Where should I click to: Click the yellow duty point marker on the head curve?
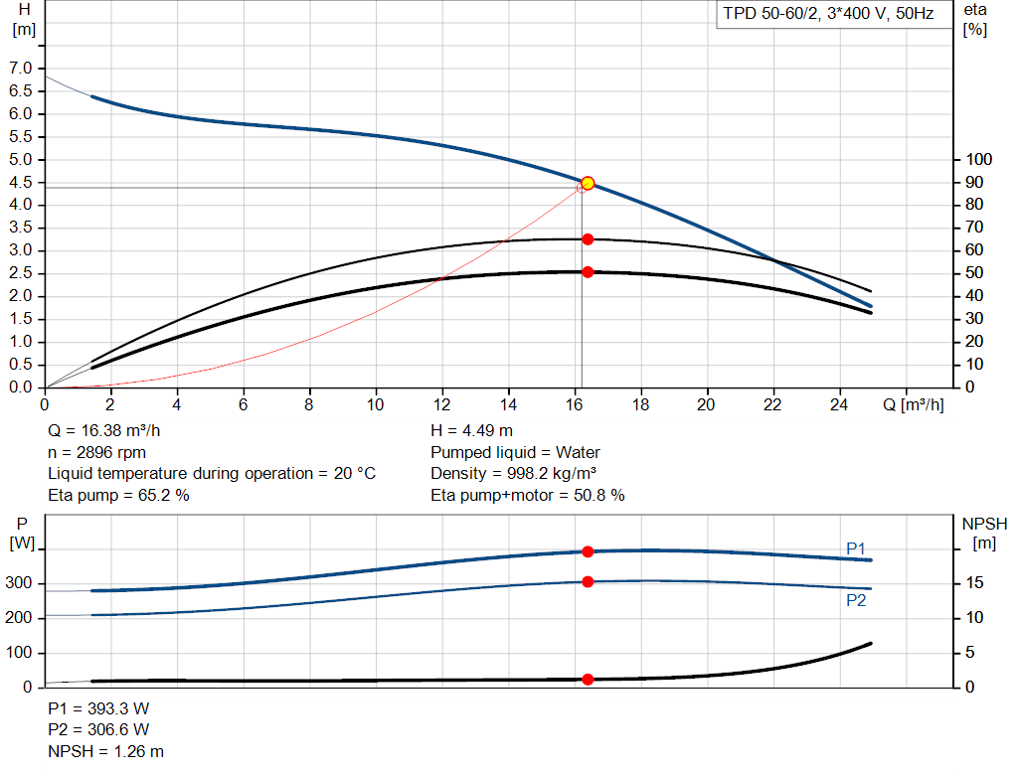click(x=588, y=183)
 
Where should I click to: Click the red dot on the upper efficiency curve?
click(x=588, y=239)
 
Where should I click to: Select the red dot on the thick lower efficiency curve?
click(x=588, y=272)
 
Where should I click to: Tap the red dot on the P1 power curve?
click(x=588, y=551)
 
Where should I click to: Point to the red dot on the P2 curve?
click(x=588, y=581)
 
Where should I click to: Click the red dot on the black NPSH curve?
click(x=588, y=680)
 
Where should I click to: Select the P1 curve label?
click(x=856, y=548)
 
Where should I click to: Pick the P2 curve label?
click(x=856, y=600)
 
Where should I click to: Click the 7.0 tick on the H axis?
click(x=21, y=68)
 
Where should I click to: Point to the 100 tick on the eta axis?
click(x=979, y=160)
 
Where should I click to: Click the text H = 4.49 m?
click(x=471, y=431)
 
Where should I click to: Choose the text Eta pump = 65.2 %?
click(x=118, y=495)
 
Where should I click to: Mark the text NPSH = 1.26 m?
click(x=105, y=751)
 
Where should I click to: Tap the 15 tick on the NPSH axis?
click(x=976, y=584)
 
